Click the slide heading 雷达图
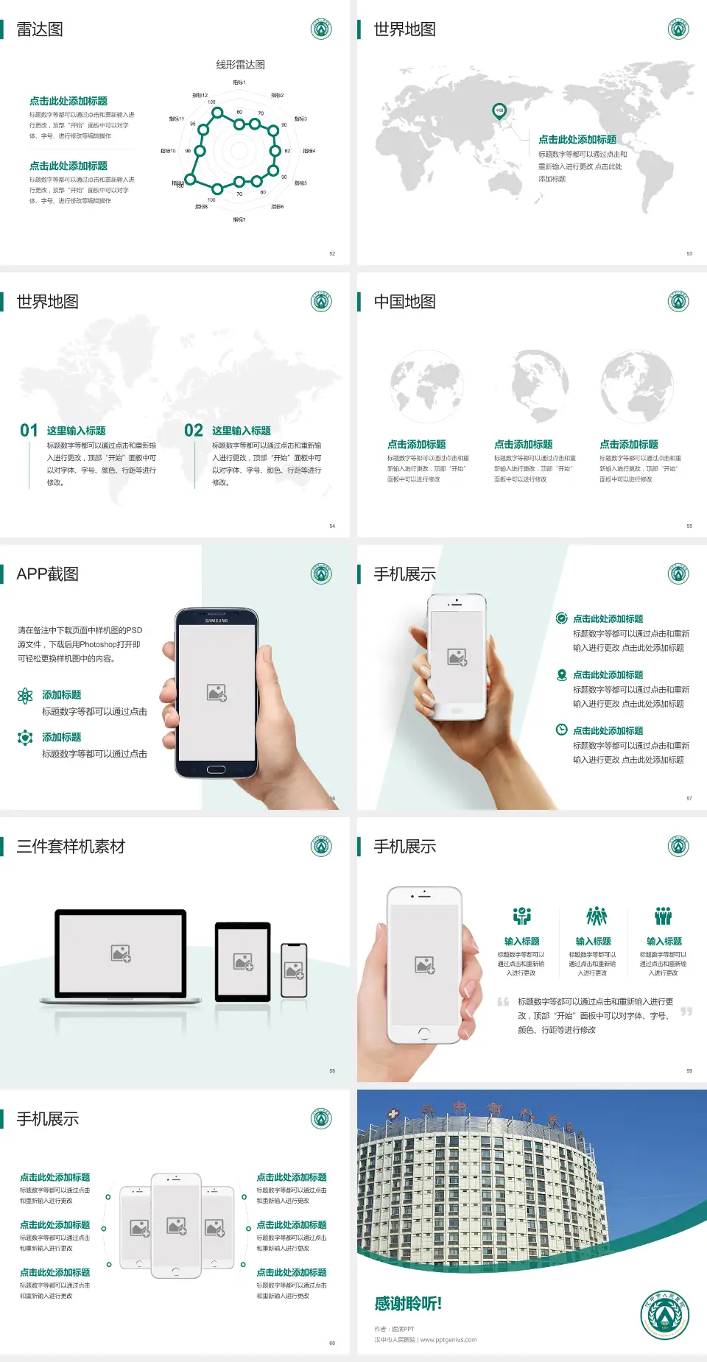[40, 29]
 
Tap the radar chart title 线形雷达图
[240, 65]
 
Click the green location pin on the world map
[499, 111]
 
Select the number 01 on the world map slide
[29, 431]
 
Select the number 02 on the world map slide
[194, 431]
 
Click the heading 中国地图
[404, 302]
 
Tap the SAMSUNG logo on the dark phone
[217, 621]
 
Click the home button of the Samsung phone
[216, 769]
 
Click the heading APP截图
[47, 574]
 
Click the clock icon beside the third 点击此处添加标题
[561, 730]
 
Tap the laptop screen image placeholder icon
[121, 953]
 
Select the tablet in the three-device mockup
[243, 961]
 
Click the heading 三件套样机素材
[71, 847]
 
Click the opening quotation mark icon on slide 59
[503, 1002]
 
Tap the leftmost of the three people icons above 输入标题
[522, 916]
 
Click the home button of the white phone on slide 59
[423, 1034]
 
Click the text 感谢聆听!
[408, 1304]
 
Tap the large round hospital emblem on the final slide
[664, 1315]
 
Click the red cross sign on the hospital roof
[393, 1113]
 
